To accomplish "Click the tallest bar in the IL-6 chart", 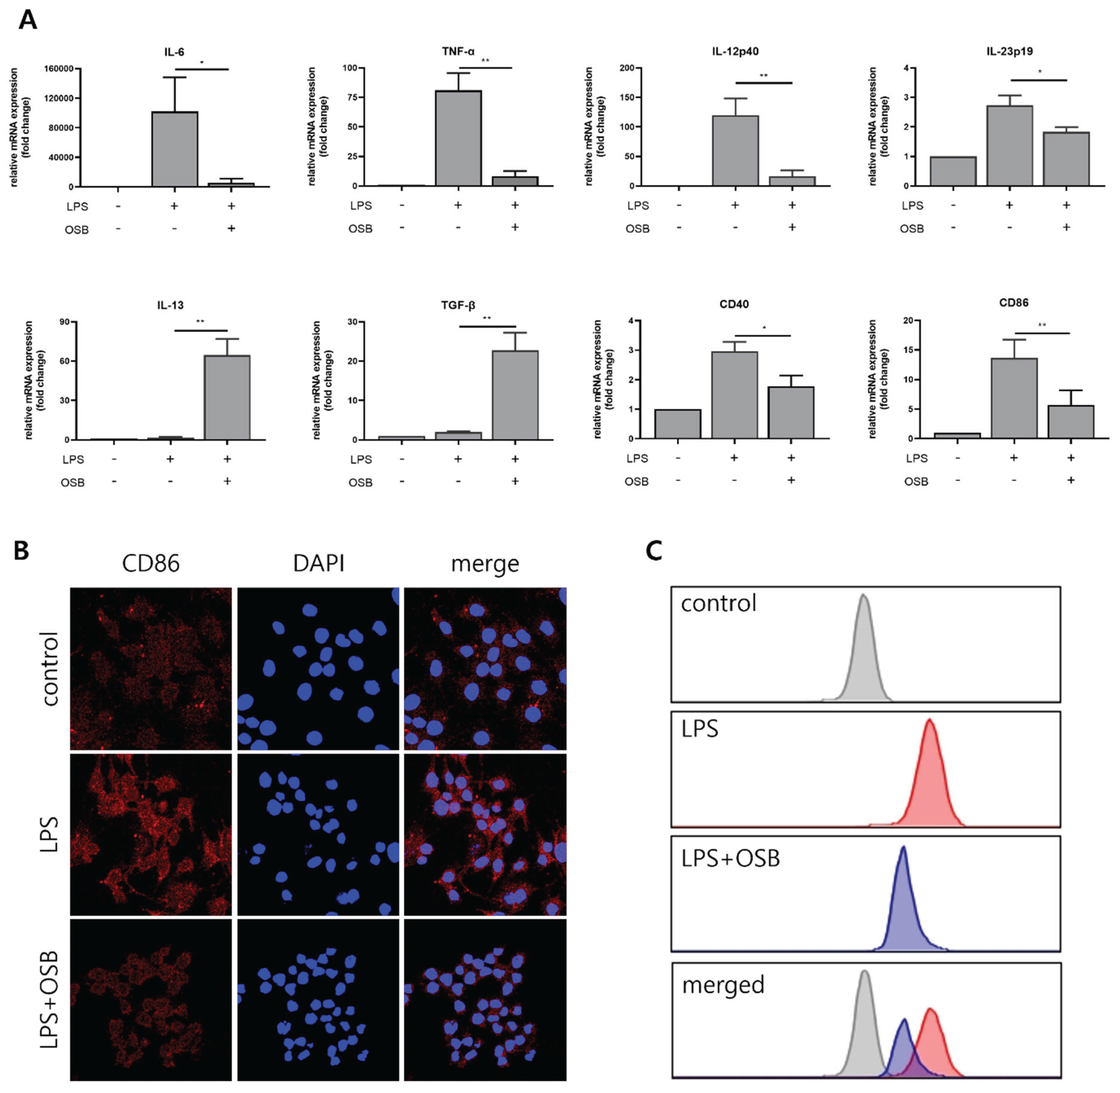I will point(175,149).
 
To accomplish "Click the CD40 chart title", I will point(734,304).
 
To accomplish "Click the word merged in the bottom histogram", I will point(723,985).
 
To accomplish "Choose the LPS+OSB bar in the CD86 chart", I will point(1071,422).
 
